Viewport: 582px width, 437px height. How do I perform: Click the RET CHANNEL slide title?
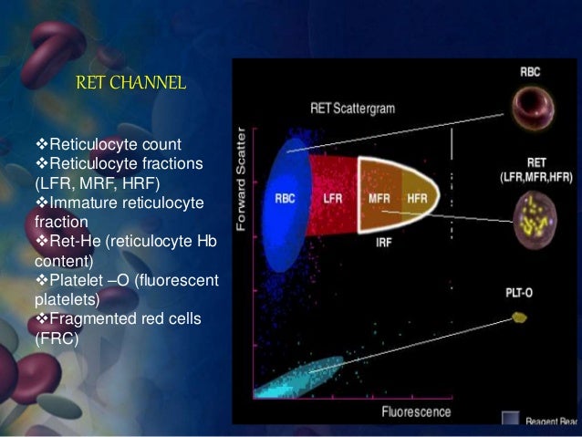click(x=131, y=84)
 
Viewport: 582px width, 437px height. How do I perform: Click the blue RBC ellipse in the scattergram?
click(x=285, y=196)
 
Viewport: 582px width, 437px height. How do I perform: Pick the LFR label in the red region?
click(x=332, y=197)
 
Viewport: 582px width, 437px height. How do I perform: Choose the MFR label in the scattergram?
click(x=380, y=197)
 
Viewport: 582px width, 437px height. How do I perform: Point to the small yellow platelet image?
click(x=521, y=317)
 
